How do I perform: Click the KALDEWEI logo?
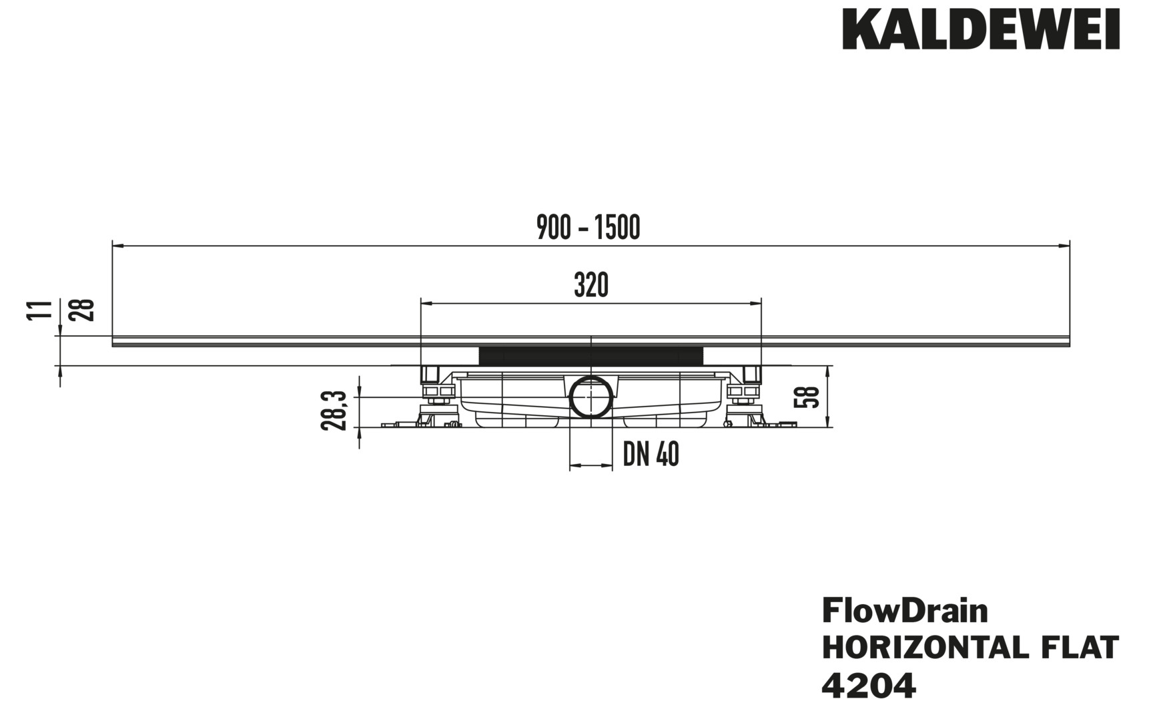[x=981, y=29]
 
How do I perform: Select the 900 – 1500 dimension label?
[x=589, y=228]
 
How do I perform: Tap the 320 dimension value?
[x=591, y=286]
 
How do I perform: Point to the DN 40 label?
[x=651, y=455]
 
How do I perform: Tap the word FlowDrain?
[x=905, y=610]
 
